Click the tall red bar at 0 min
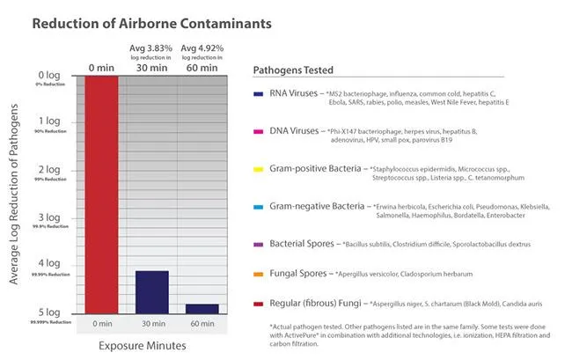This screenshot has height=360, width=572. pyautogui.click(x=102, y=193)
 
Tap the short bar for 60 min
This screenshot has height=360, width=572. pyautogui.click(x=202, y=307)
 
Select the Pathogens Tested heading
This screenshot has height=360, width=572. pyautogui.click(x=293, y=70)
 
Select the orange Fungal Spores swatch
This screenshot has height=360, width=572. pyautogui.click(x=258, y=275)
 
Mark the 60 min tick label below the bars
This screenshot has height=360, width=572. pyautogui.click(x=202, y=324)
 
